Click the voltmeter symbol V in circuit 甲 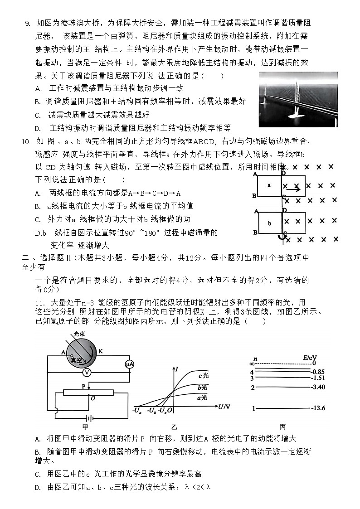88,372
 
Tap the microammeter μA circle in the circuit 128,364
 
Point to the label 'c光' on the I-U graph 204,375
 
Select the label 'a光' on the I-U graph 202,398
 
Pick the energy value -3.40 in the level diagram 318,388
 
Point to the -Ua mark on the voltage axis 136,411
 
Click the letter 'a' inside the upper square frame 269,185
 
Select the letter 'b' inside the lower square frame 269,223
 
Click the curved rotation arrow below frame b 282,237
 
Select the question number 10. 26,141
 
